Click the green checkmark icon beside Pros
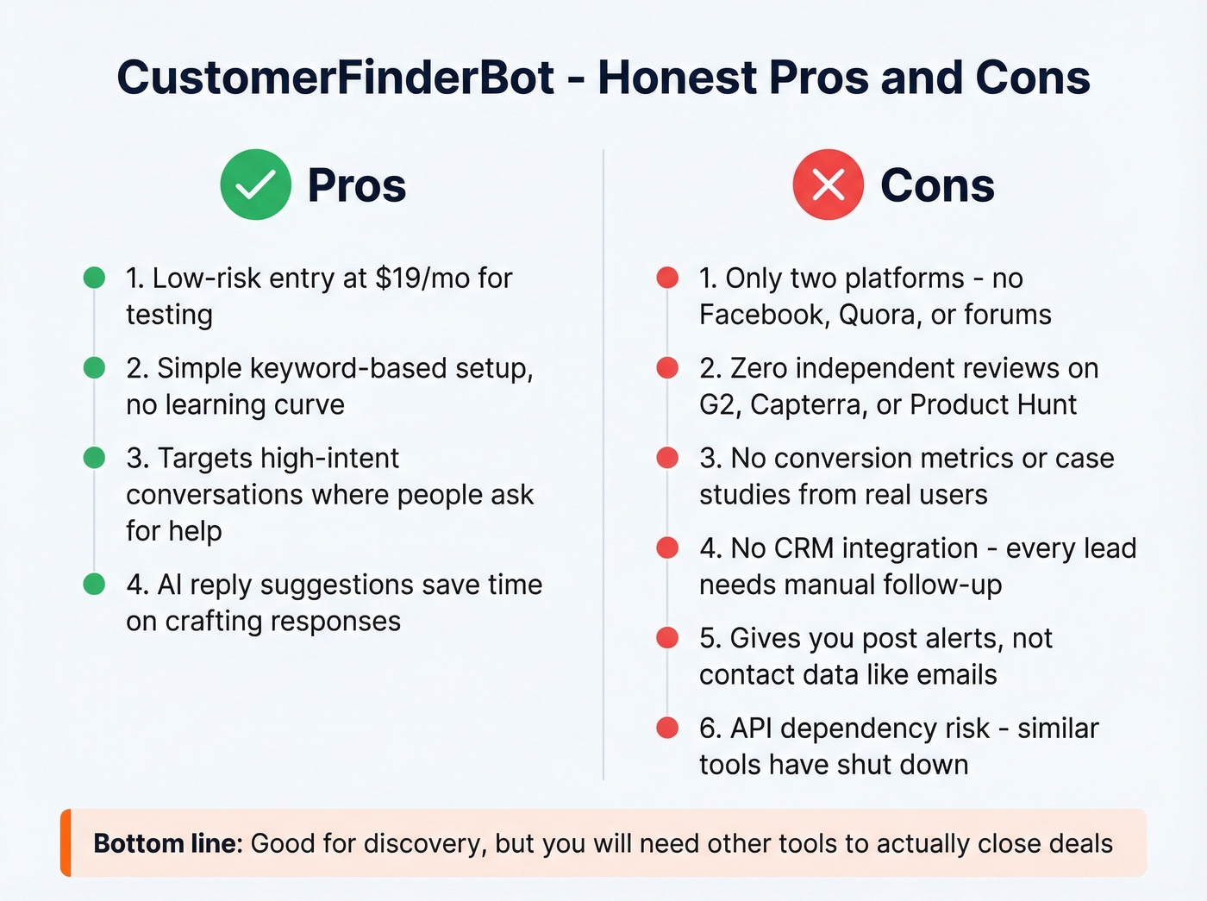point(255,185)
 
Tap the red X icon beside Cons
point(828,185)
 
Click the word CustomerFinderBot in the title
point(335,78)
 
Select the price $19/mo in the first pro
point(422,278)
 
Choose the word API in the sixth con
point(751,729)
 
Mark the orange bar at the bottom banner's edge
point(66,842)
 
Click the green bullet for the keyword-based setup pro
point(94,368)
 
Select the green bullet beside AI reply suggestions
point(94,585)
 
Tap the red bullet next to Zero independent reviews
point(667,368)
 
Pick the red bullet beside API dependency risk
point(667,729)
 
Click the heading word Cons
point(937,185)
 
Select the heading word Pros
point(356,185)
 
